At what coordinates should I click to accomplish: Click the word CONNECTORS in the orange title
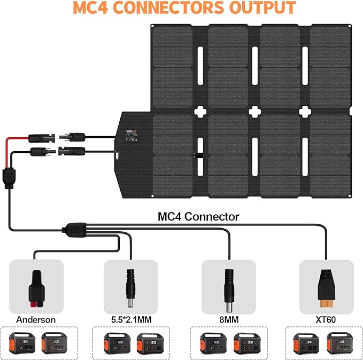click(166, 9)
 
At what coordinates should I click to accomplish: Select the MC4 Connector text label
click(198, 216)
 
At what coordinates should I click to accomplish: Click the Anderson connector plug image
click(37, 285)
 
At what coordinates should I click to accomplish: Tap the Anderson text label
click(36, 319)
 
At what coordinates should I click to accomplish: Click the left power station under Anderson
click(22, 342)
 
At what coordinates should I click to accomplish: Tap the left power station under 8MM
click(212, 342)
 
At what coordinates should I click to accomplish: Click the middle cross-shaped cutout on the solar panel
click(253, 111)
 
